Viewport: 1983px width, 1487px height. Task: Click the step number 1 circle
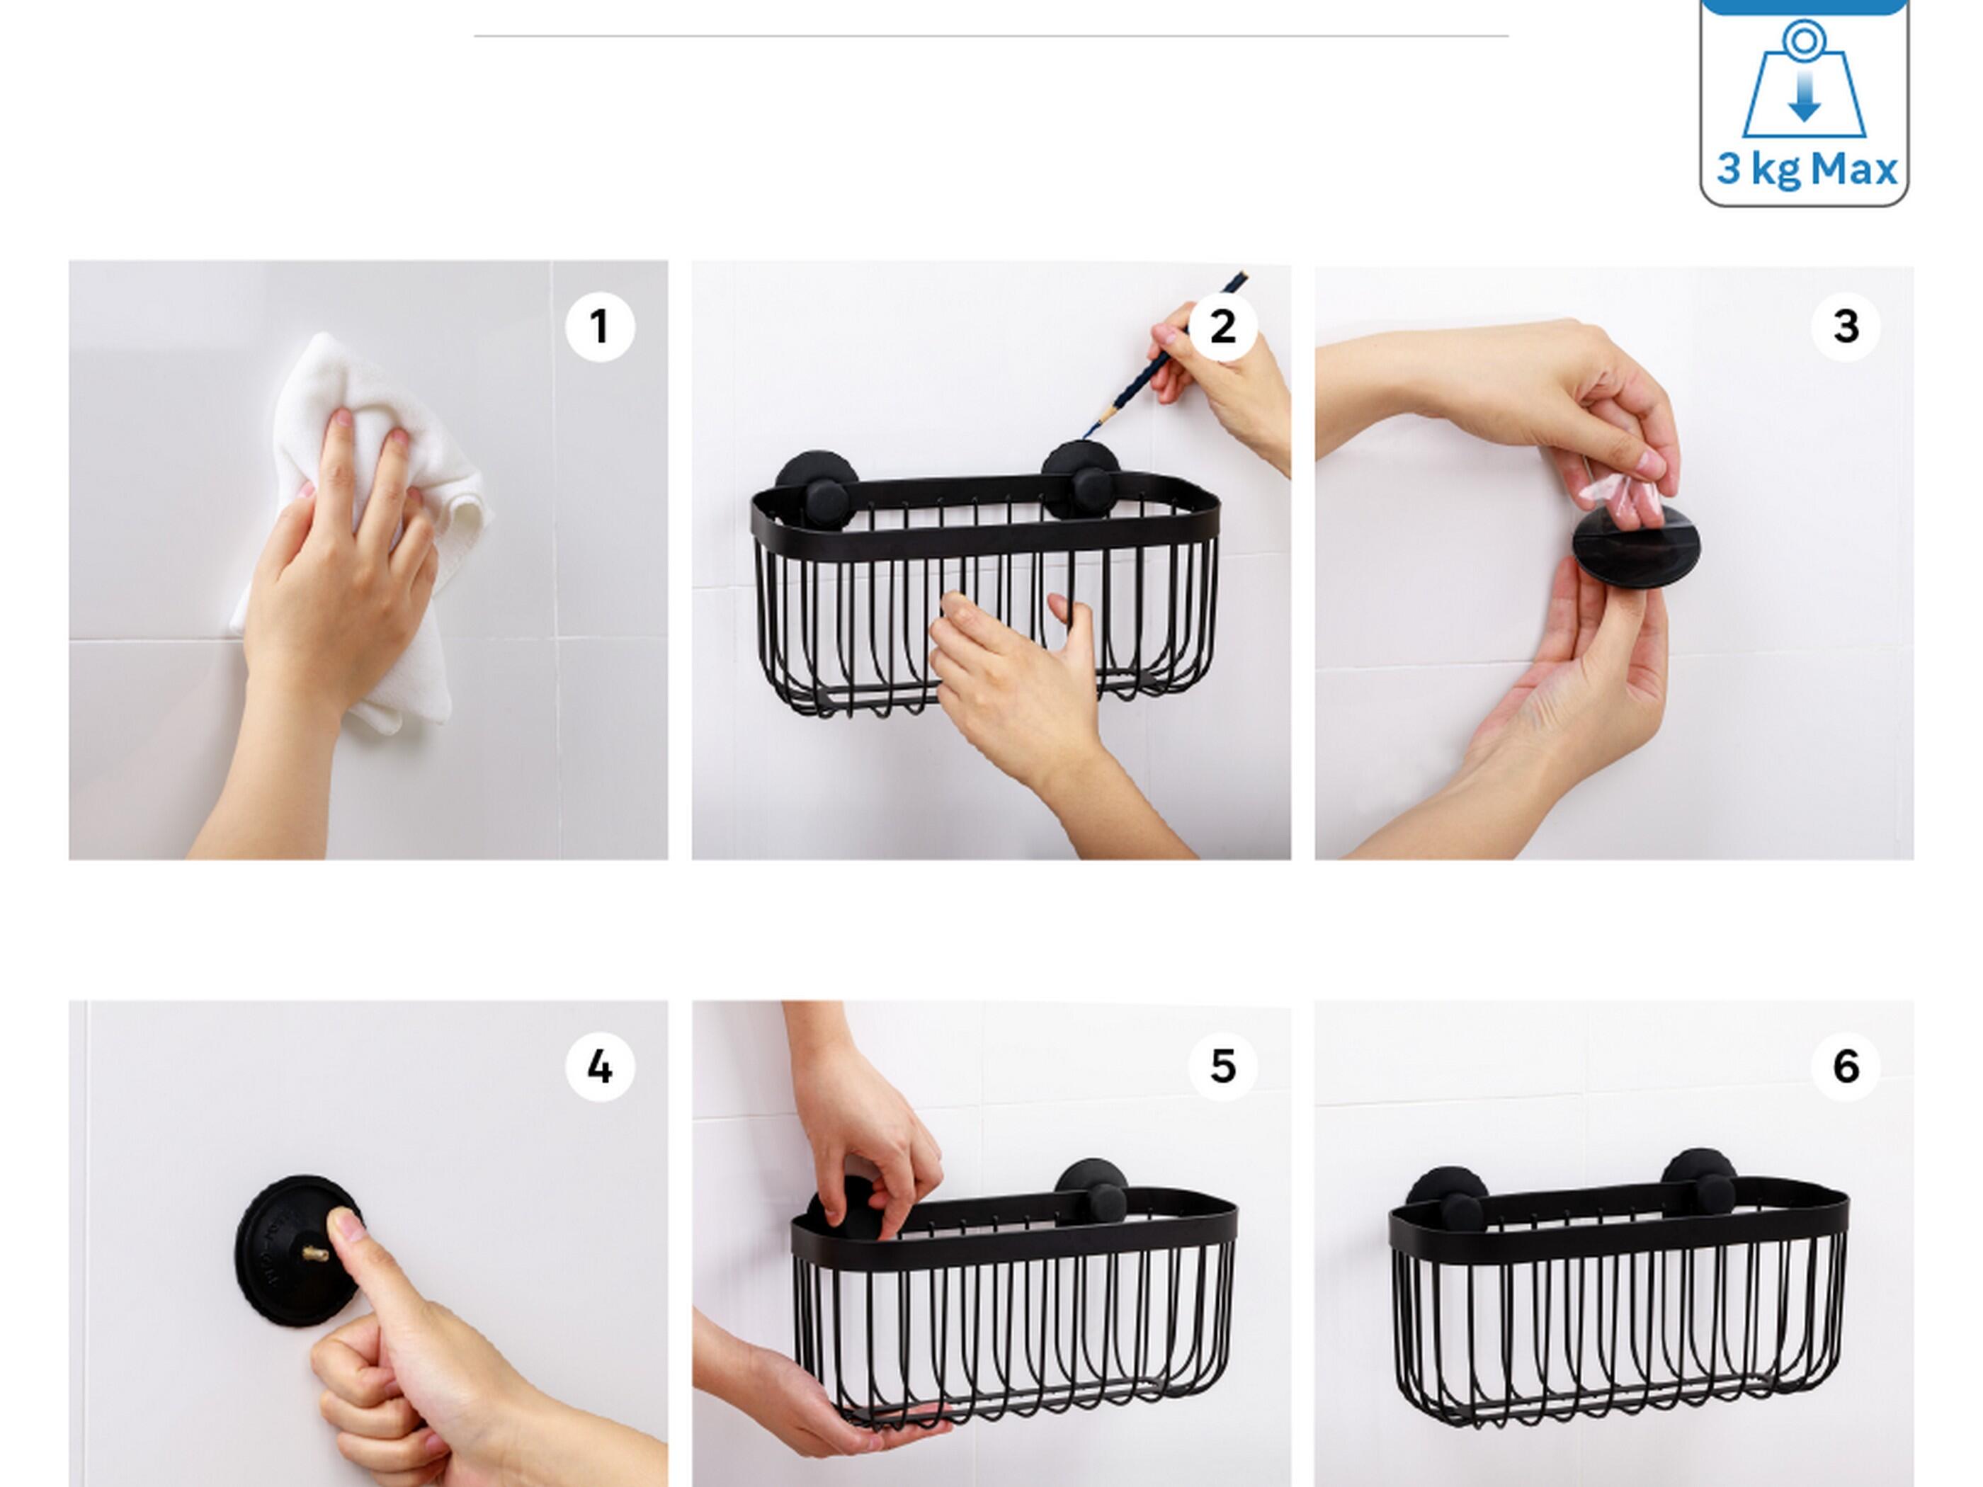[x=600, y=326]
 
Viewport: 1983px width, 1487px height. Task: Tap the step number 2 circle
[x=1222, y=326]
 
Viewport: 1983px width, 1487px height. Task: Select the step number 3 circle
[x=1845, y=326]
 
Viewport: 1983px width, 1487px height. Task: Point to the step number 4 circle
[x=600, y=1066]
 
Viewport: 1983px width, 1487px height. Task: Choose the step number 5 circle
[x=1222, y=1066]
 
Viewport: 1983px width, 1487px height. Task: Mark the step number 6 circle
[x=1845, y=1066]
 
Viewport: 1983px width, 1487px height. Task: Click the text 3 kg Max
[x=1805, y=169]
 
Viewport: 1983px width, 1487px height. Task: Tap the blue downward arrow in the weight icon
[x=1804, y=97]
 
